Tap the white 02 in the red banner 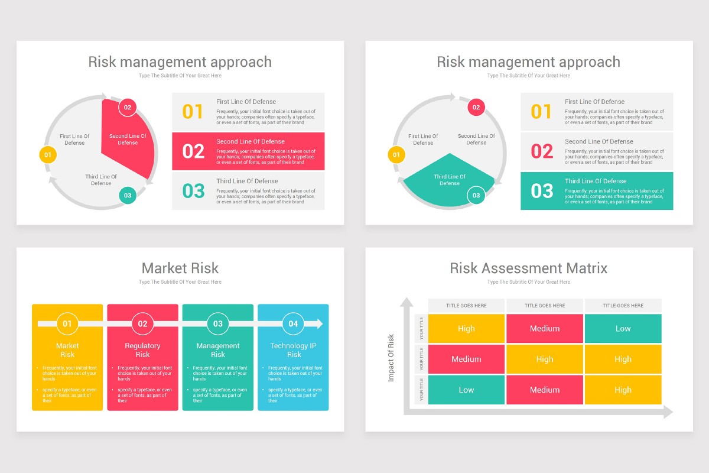(193, 151)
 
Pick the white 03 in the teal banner (542, 191)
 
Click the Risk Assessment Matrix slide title (528, 268)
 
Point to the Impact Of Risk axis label (391, 358)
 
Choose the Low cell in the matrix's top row (623, 329)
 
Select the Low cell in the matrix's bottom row (466, 390)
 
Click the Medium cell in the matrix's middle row (466, 359)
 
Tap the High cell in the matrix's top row (466, 329)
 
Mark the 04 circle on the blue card (294, 323)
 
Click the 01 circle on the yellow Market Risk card (67, 323)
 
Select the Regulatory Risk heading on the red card (142, 350)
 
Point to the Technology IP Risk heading (294, 350)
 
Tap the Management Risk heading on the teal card (218, 350)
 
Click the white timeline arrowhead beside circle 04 (320, 323)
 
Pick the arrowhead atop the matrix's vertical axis (406, 302)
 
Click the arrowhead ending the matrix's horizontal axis (668, 412)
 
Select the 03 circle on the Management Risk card (218, 323)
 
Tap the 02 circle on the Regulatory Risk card (142, 323)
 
